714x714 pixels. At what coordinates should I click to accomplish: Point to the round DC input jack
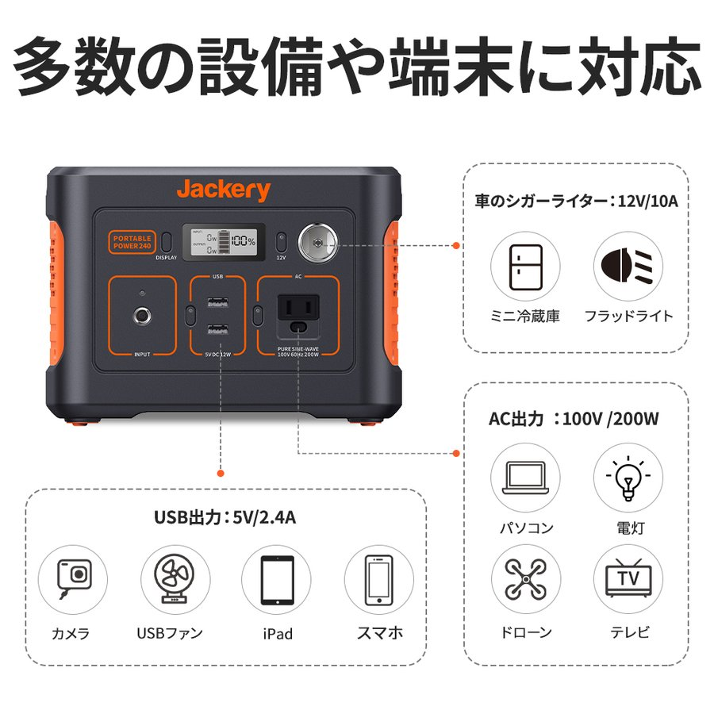144,317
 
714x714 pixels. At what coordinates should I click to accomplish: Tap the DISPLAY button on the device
167,242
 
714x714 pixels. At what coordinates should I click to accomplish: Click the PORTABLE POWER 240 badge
131,241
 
